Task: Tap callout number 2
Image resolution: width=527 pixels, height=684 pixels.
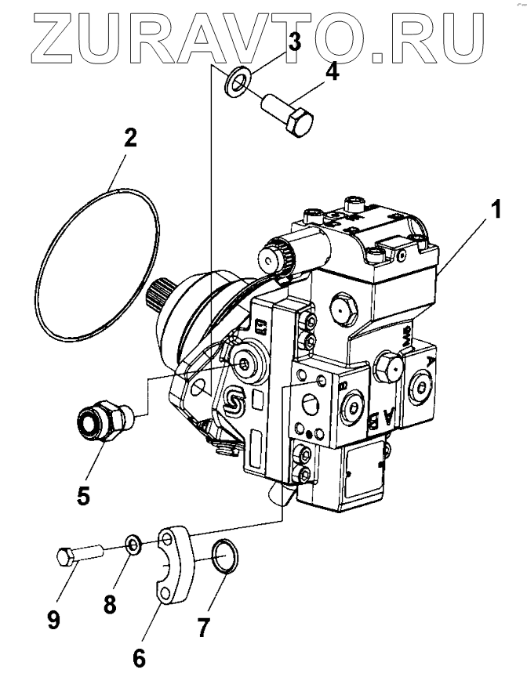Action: [129, 139]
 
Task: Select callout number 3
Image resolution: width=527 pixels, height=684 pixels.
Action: [294, 42]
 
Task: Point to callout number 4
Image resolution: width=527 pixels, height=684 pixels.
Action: [332, 73]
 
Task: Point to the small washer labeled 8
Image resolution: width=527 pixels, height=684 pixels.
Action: [134, 544]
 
